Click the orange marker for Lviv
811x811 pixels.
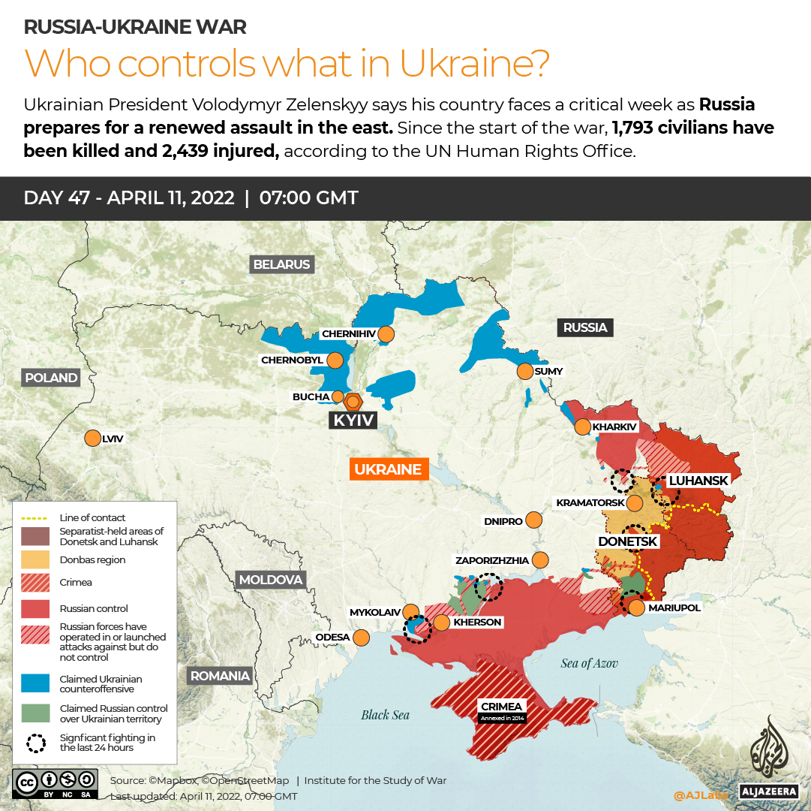93,438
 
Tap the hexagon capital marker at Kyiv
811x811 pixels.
353,401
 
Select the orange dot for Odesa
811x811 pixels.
361,638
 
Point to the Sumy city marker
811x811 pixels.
524,371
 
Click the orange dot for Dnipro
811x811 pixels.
533,520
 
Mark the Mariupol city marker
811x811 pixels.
636,607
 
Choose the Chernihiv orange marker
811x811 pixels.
386,333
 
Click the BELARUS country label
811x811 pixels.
281,264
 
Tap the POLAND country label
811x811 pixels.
50,378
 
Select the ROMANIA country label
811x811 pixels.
220,675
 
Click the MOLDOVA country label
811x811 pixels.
270,580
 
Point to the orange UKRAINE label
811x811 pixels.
388,469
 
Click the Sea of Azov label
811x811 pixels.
589,662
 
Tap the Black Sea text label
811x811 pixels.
385,715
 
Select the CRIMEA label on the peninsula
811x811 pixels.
502,707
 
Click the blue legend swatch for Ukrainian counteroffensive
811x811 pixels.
34,683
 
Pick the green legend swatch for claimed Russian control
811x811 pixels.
34,713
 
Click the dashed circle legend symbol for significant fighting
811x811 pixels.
35,743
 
